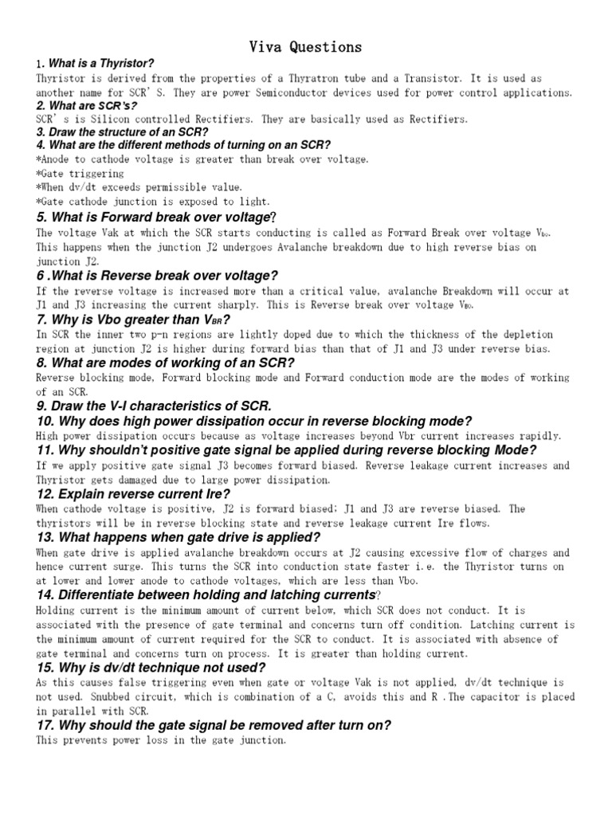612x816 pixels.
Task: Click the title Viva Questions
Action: [x=305, y=48]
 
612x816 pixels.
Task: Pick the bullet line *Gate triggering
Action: [x=80, y=173]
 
